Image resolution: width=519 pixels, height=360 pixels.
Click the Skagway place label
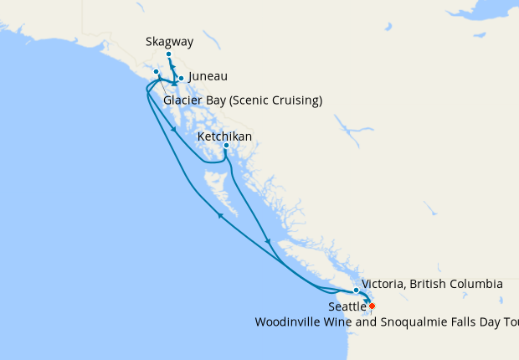167,41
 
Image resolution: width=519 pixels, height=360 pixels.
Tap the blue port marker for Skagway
168,54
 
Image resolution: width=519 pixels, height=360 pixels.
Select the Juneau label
208,76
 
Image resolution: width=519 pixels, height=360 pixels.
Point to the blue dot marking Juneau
181,79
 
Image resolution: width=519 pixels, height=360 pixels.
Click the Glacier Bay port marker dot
157,71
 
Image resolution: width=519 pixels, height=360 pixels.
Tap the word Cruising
298,101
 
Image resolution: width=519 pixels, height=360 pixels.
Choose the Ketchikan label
224,136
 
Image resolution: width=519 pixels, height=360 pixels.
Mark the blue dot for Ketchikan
226,146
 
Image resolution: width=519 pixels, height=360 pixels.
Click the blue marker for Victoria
357,291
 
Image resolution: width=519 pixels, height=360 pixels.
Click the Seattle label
347,307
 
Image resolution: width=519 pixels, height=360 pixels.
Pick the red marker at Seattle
372,306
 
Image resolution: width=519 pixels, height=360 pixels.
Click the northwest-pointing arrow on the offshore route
220,215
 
